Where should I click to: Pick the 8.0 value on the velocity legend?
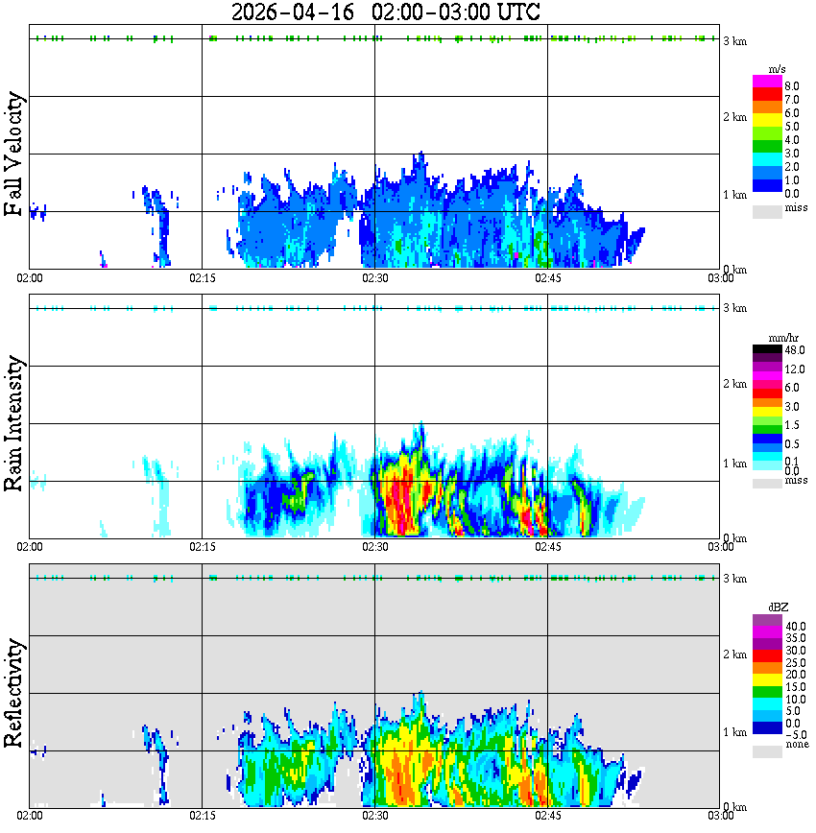(792, 86)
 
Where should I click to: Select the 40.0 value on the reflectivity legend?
(794, 626)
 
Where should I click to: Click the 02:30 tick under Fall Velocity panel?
(374, 277)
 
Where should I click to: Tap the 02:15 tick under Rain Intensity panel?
(202, 546)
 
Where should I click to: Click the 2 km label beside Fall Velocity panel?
(734, 117)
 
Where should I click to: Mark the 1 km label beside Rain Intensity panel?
(734, 464)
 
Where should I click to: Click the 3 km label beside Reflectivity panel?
(734, 579)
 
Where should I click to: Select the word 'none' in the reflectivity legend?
(797, 745)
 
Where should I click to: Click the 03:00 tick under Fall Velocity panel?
(721, 277)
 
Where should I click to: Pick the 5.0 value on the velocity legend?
(792, 126)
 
